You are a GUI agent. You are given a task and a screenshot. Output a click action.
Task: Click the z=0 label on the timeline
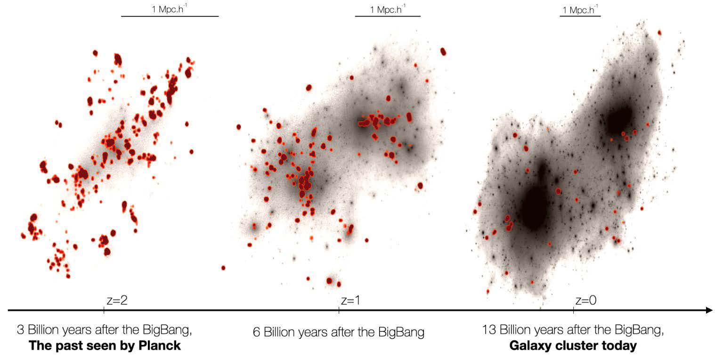(x=585, y=301)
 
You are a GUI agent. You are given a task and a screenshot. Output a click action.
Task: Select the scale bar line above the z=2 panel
(x=170, y=16)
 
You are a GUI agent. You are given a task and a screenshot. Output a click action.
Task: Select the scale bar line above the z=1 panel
(x=388, y=16)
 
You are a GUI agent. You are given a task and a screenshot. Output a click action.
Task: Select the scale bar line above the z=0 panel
(x=580, y=16)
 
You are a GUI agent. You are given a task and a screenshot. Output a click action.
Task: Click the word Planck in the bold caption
(x=161, y=346)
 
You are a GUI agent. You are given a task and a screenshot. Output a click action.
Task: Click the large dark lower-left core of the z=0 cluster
(x=535, y=207)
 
